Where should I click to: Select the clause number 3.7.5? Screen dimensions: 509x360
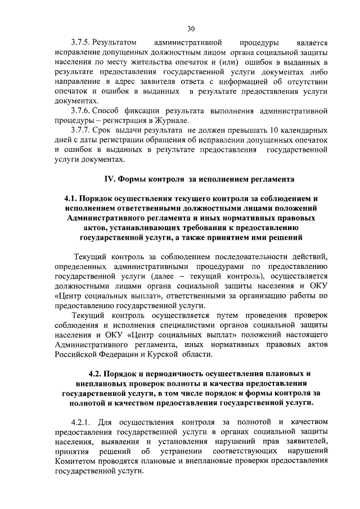click(x=80, y=42)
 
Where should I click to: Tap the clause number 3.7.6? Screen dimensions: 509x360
click(x=80, y=111)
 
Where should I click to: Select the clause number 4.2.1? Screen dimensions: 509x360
click(x=82, y=422)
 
